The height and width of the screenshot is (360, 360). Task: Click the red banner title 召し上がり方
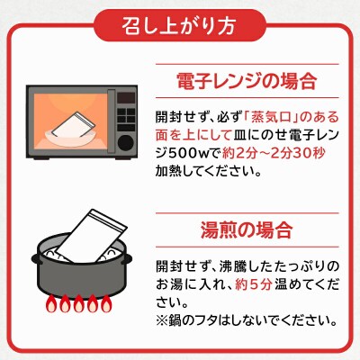(x=180, y=24)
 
